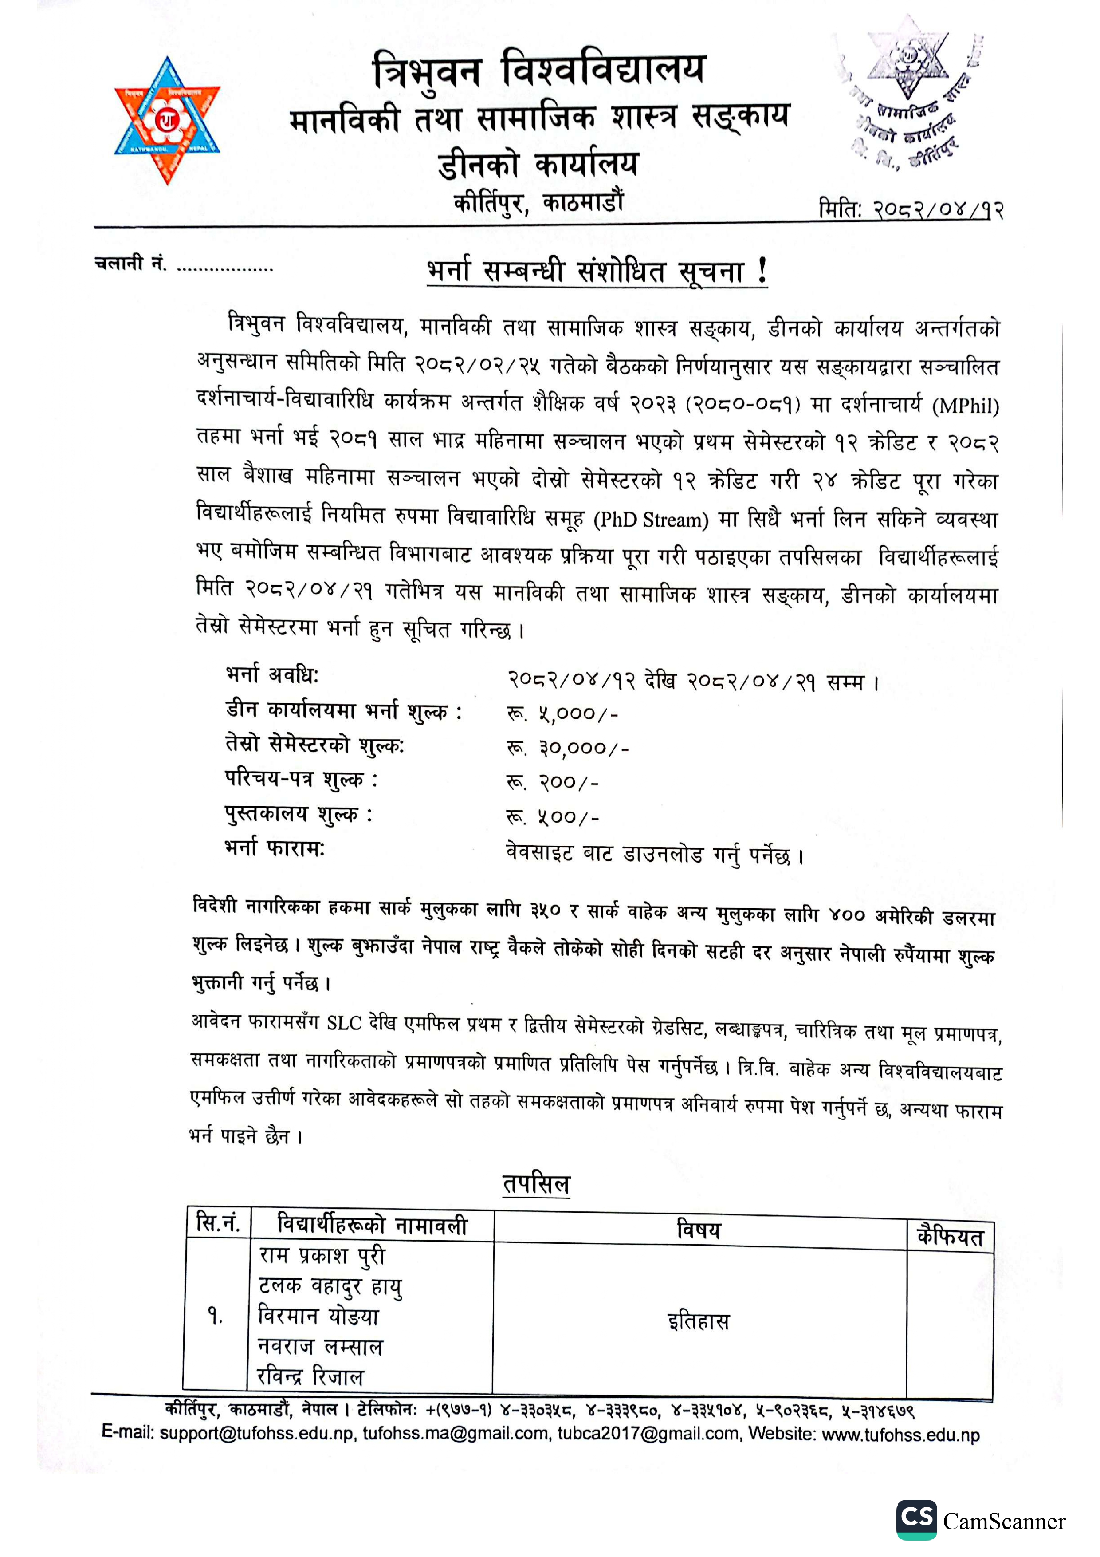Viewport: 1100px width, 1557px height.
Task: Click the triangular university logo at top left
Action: [x=167, y=121]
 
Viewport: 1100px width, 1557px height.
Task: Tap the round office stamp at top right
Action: [x=908, y=95]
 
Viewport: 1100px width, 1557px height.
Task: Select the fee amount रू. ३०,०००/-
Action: [x=568, y=748]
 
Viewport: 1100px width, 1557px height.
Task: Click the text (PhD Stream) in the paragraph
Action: [x=651, y=520]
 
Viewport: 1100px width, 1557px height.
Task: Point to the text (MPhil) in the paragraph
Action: [x=965, y=406]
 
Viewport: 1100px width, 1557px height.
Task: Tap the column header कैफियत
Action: [x=950, y=1236]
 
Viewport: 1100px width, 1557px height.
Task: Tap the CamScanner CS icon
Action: [x=916, y=1519]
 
